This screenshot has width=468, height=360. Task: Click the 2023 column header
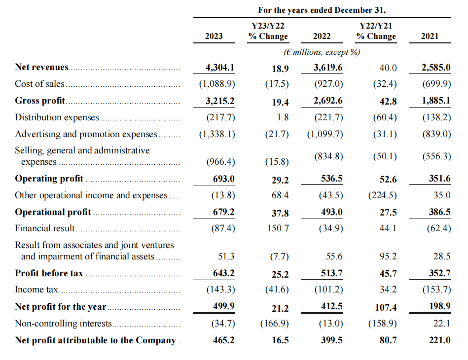[214, 36]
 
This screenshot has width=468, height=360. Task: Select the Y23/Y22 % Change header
[268, 31]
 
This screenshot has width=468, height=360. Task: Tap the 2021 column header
[430, 36]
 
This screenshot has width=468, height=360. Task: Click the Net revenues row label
[42, 67]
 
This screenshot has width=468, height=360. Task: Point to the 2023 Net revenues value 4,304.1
[219, 67]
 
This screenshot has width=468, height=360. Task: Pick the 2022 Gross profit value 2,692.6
[328, 101]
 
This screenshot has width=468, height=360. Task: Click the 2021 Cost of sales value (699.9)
[436, 84]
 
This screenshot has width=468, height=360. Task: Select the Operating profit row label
[49, 179]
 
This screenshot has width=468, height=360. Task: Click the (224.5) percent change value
[383, 195]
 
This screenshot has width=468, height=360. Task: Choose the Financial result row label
[45, 228]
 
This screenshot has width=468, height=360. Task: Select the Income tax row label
[36, 290]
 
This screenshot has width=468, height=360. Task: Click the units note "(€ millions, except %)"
[322, 51]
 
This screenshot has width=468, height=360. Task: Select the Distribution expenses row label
[57, 117]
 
